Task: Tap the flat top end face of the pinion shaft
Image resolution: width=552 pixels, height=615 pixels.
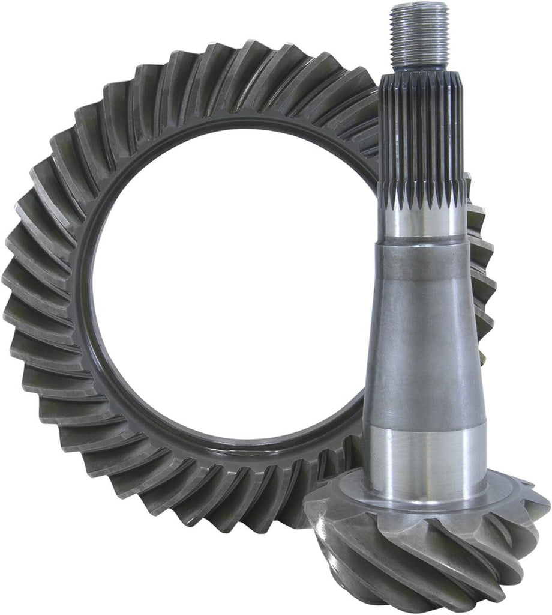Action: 419,6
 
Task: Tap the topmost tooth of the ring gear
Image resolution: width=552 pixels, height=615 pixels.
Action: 240,60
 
